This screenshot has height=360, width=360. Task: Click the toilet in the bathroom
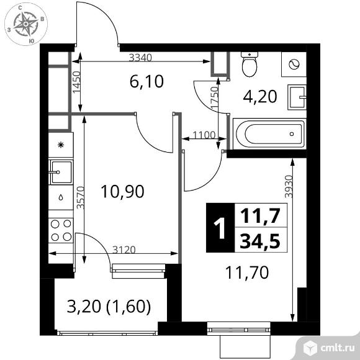250,65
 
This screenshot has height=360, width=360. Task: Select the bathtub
269,134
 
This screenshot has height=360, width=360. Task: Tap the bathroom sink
297,97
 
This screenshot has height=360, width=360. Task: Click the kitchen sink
61,172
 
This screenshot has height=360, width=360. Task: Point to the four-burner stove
61,230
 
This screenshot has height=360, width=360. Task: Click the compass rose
26,24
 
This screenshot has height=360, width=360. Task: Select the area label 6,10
146,82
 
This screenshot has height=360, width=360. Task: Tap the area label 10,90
122,192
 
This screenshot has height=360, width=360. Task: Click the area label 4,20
260,97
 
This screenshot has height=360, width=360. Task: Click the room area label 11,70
247,272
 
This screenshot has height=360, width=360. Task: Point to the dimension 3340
140,58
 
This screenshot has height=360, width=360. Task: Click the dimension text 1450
77,83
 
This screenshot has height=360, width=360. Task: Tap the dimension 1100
204,135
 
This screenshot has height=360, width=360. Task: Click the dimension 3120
124,250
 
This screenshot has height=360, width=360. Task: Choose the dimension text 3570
81,197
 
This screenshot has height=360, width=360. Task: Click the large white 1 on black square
220,228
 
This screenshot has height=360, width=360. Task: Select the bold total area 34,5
260,241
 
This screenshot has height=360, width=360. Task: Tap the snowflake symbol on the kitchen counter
61,145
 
